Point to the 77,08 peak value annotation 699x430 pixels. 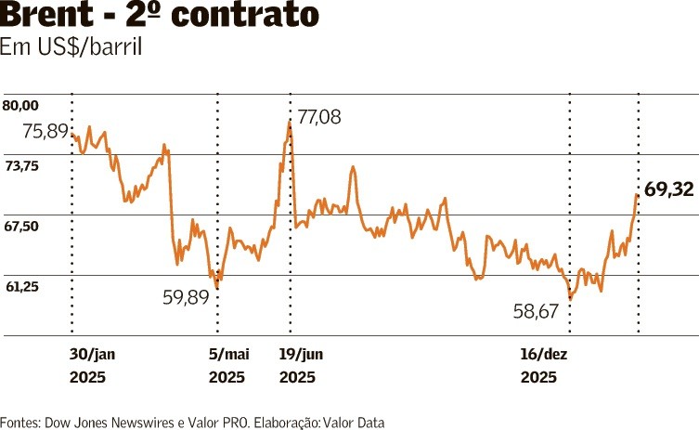coord(319,117)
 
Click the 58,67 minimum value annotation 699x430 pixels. coord(535,312)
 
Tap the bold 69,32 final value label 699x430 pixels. coord(669,189)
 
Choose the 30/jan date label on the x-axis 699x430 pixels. coord(92,354)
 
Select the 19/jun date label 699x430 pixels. coord(302,354)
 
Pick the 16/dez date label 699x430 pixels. coord(543,354)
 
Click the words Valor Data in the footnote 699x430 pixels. coord(354,423)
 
